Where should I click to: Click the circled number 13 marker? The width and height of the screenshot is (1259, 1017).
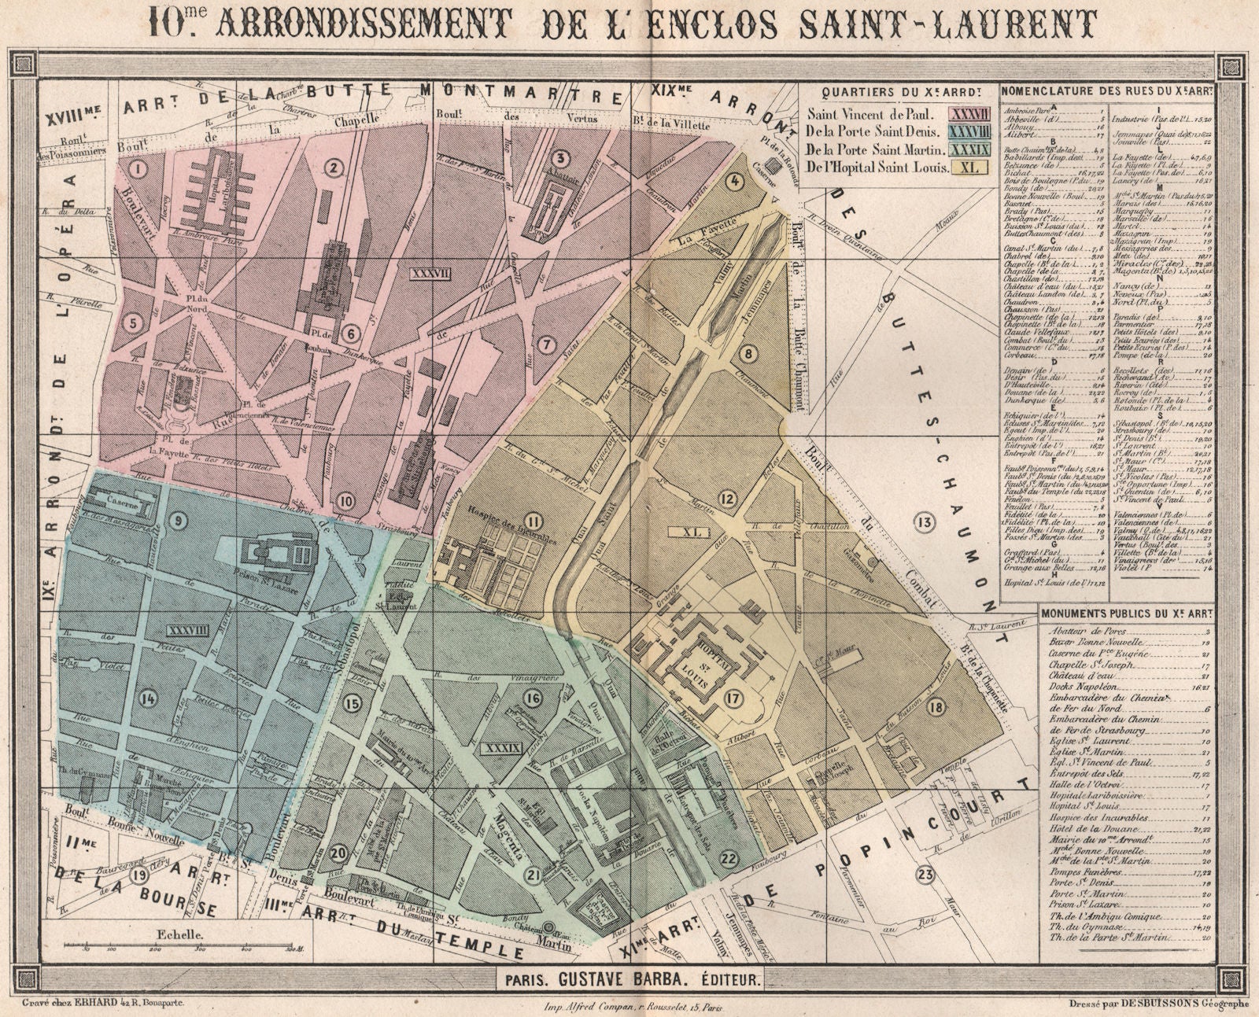926,522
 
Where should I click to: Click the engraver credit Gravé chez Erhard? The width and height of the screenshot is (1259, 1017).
95,1002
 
